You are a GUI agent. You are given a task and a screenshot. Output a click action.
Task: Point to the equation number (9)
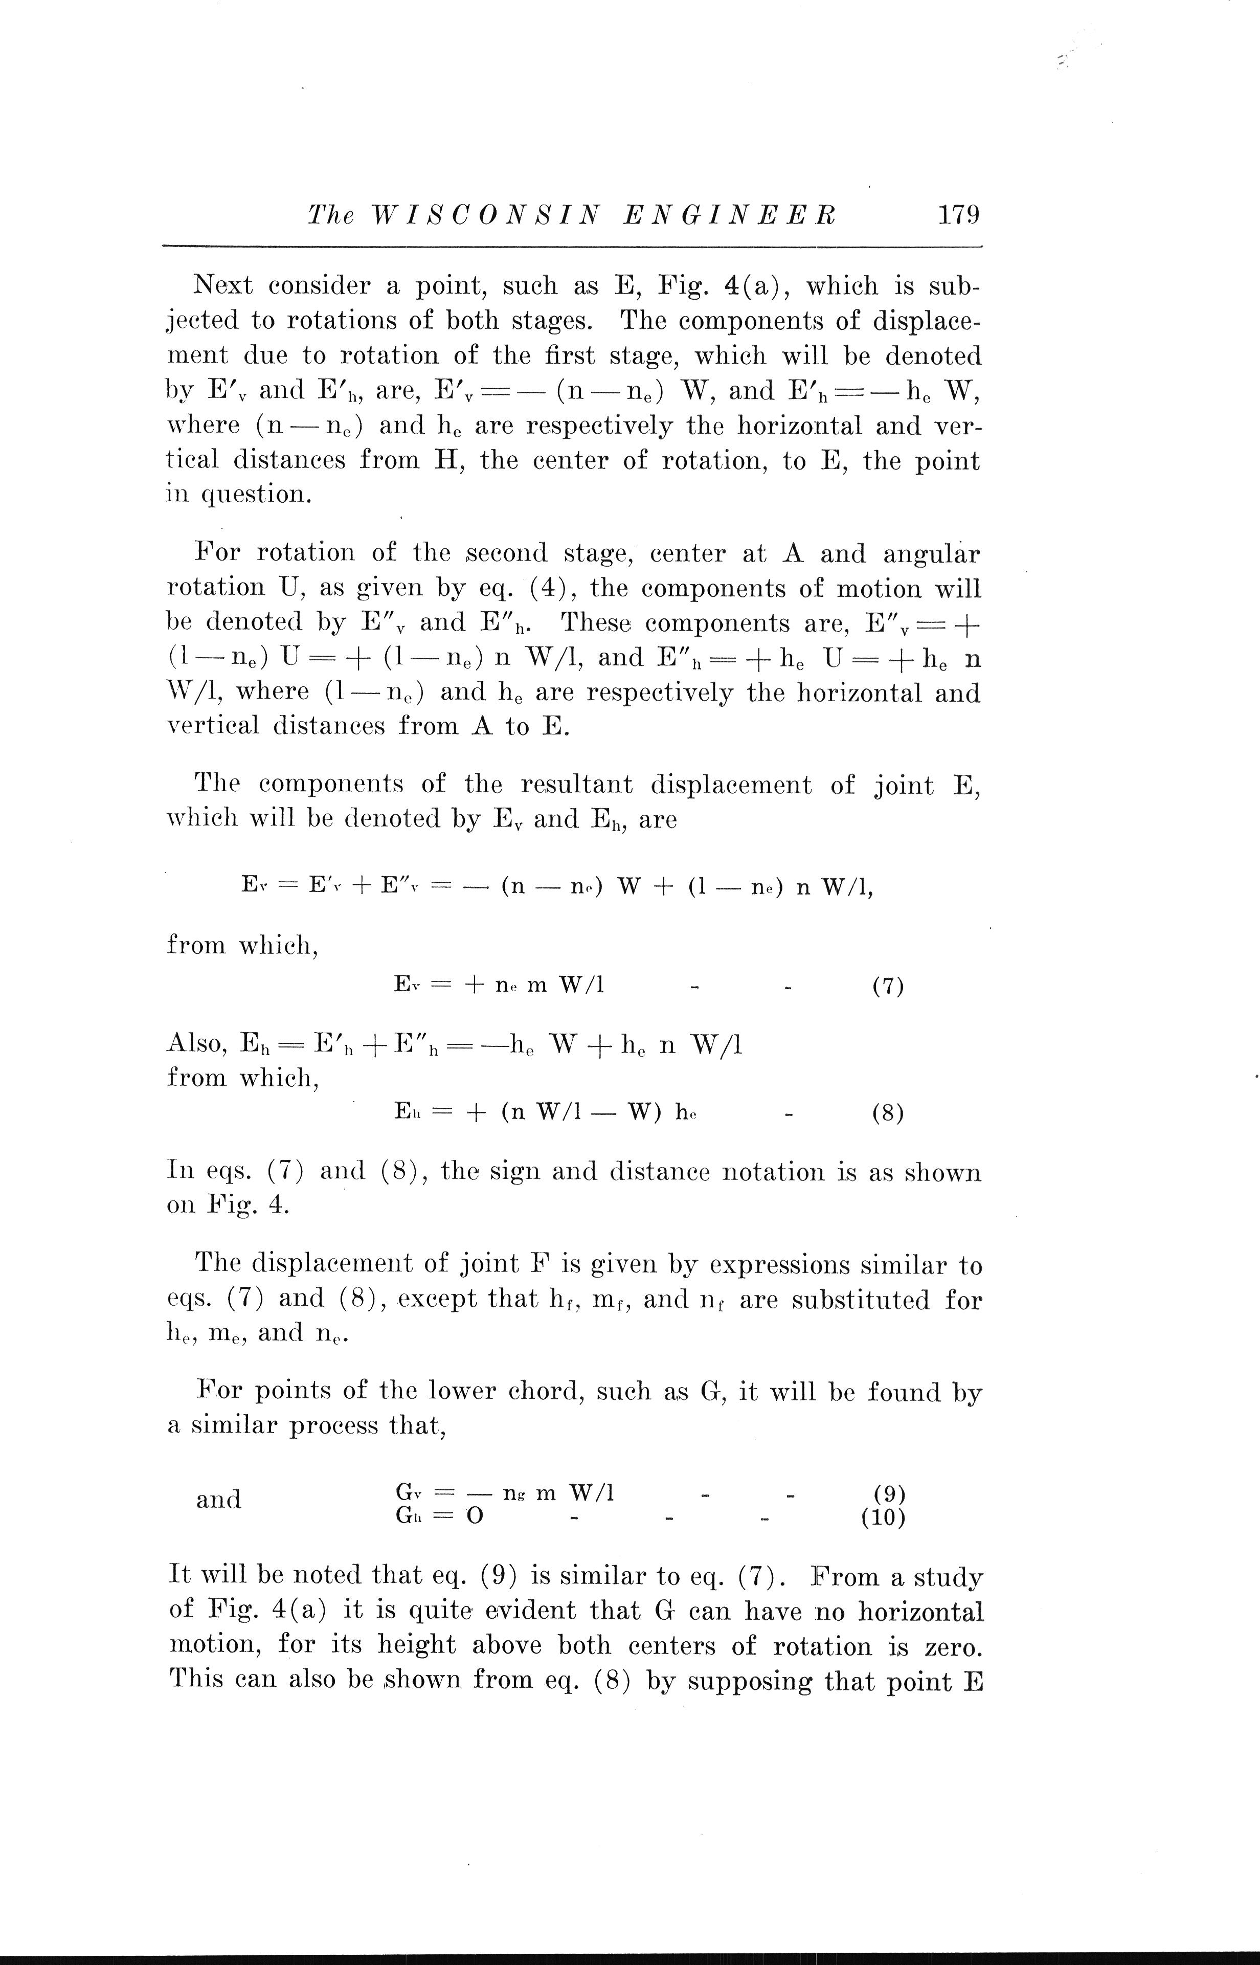889,1494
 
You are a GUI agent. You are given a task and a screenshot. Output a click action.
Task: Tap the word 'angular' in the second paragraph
931,554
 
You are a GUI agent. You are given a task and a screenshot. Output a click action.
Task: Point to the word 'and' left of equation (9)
218,1500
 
